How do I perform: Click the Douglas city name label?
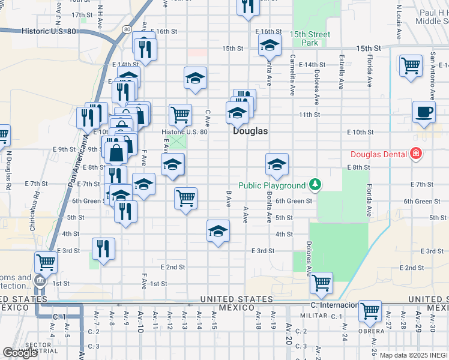coord(250,130)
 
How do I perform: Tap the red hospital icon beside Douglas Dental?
coord(415,154)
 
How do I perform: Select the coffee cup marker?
coord(424,112)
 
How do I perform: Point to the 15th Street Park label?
coord(310,38)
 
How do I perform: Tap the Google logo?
coord(20,352)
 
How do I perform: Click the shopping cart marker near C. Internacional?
coord(322,283)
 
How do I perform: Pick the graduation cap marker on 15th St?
coord(270,45)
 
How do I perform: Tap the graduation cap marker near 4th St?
coord(218,231)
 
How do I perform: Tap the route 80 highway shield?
coord(126,28)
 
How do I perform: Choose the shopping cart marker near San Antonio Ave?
coord(411,66)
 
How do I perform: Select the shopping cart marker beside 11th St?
coord(179,114)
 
